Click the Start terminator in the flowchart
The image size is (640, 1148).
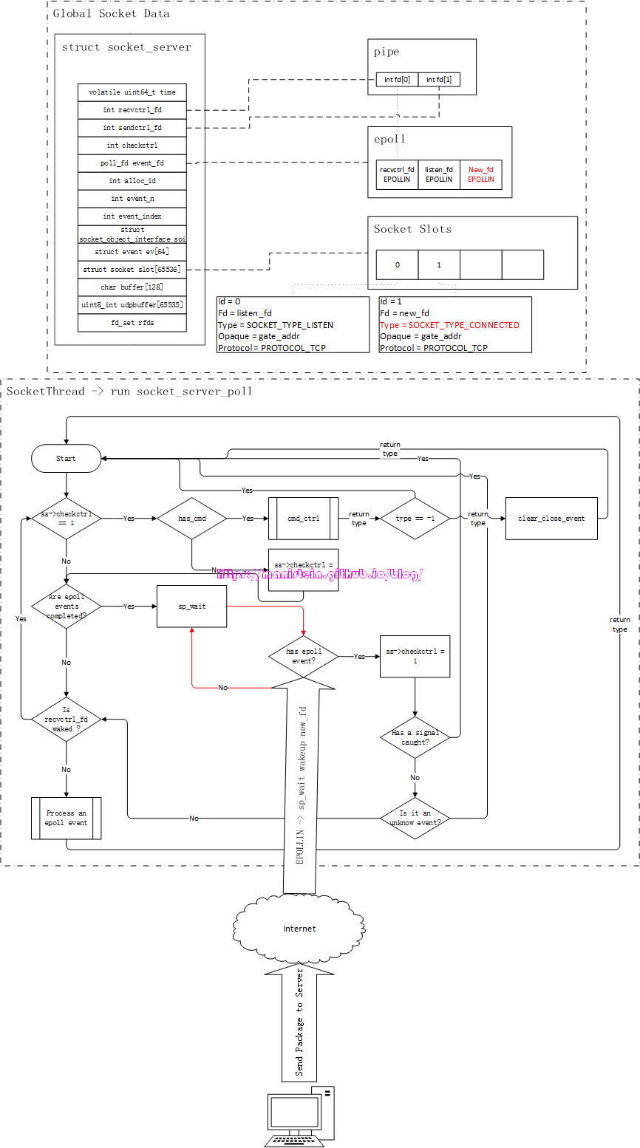click(x=66, y=458)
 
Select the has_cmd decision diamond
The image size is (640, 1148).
click(x=191, y=519)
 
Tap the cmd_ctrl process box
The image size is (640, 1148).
click(x=303, y=519)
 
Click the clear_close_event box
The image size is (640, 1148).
click(x=551, y=519)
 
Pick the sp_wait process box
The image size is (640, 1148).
click(x=192, y=607)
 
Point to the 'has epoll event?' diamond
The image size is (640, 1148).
click(x=304, y=656)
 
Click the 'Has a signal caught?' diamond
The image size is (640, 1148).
click(x=415, y=737)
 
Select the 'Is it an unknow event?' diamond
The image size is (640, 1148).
click(x=415, y=817)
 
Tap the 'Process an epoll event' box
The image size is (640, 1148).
click(x=67, y=818)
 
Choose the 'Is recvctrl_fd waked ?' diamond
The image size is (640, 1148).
click(x=67, y=719)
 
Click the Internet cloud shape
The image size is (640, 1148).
click(x=299, y=929)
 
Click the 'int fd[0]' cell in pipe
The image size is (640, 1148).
click(x=397, y=79)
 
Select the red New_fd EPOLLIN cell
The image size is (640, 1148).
click(x=481, y=174)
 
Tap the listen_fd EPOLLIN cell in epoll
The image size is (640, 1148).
click(x=438, y=174)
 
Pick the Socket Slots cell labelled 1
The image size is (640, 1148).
click(x=439, y=264)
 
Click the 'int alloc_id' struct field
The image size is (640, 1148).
click(x=132, y=181)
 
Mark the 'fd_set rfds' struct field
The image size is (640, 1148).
click(x=132, y=323)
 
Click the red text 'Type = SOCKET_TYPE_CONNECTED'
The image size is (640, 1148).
click(x=449, y=325)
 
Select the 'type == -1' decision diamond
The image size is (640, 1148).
click(x=415, y=519)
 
